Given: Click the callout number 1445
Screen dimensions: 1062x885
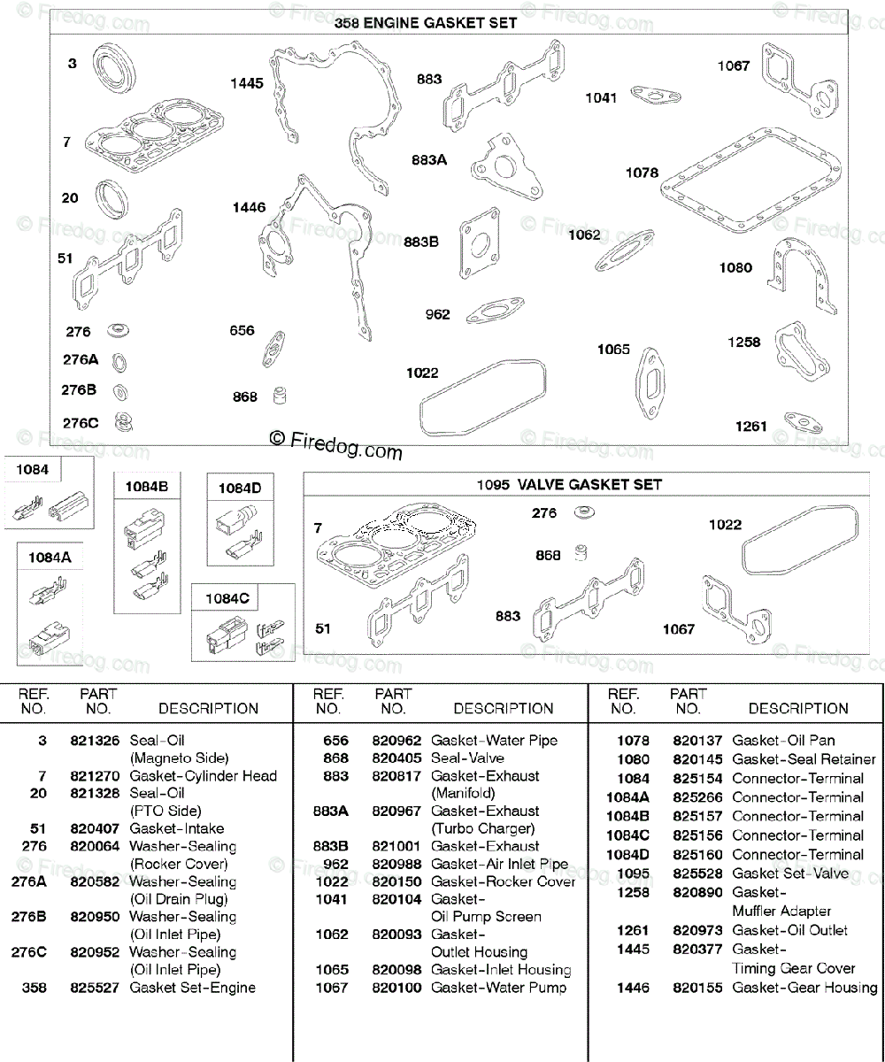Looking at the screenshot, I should click(x=247, y=84).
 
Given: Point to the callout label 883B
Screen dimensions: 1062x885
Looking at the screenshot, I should click(x=421, y=241).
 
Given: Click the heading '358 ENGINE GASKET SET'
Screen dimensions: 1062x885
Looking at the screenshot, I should click(x=425, y=24).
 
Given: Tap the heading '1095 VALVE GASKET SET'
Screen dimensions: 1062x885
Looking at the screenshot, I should click(x=569, y=485).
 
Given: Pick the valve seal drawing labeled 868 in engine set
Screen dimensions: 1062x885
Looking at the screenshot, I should click(x=281, y=395).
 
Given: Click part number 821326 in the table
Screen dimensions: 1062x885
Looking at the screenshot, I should click(x=95, y=741).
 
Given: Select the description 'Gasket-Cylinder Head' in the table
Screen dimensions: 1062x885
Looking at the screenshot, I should click(x=203, y=776).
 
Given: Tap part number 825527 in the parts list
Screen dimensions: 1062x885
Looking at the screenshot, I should click(x=95, y=988).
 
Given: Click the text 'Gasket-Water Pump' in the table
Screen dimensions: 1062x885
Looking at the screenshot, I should click(x=498, y=988).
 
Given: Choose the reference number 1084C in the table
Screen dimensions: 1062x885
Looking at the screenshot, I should click(x=627, y=835).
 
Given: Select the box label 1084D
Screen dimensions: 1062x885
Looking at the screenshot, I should click(x=240, y=488).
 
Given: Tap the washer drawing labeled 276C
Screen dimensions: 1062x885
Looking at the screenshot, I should click(x=122, y=423).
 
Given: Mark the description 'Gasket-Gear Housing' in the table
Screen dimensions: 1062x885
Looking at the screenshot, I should click(x=804, y=988).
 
